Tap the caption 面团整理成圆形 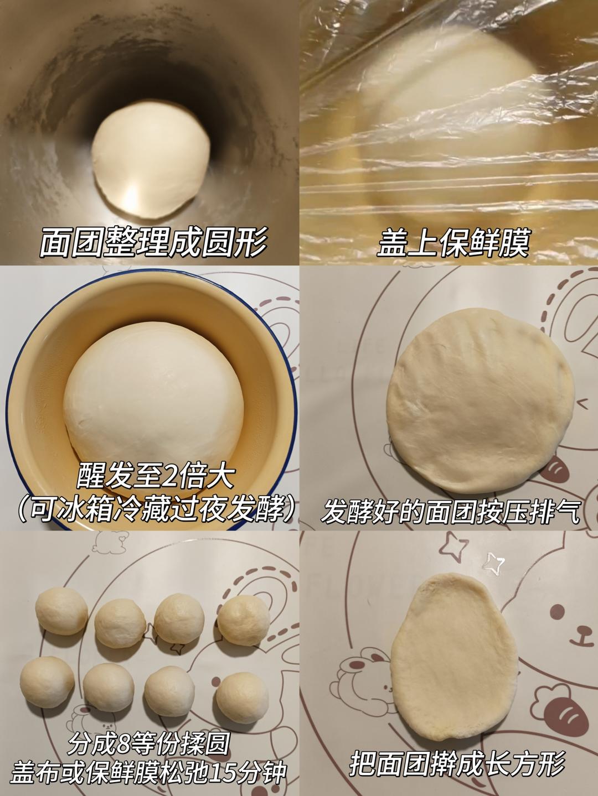153,242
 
